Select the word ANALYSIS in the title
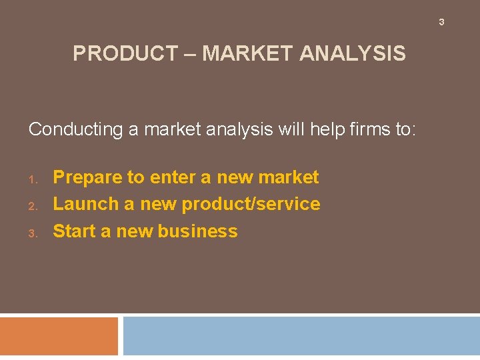click(353, 53)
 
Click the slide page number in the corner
click(441, 23)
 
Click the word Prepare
click(87, 177)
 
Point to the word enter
click(172, 177)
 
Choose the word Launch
click(85, 204)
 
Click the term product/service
click(251, 204)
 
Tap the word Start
click(75, 231)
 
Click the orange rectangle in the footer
click(59, 336)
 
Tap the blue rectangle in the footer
click(301, 336)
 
